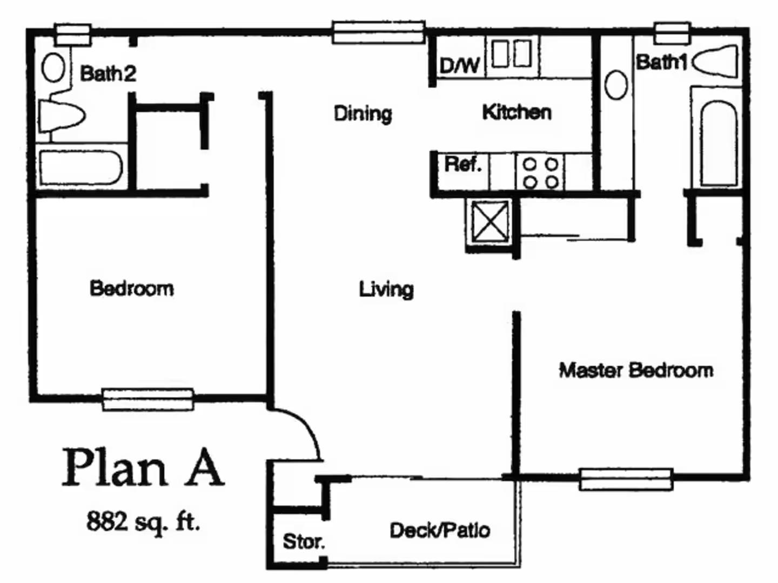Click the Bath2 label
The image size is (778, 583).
[x=108, y=73]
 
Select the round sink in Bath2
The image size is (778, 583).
[x=53, y=68]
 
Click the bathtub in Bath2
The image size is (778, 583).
[x=81, y=167]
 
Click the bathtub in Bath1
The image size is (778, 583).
[x=718, y=143]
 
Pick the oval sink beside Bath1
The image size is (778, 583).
[x=615, y=85]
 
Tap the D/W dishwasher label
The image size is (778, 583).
[x=459, y=66]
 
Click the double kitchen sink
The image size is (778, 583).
[x=511, y=54]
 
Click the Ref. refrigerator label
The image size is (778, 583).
[x=462, y=164]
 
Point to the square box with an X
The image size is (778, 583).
[x=490, y=222]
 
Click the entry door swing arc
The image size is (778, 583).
[x=303, y=426]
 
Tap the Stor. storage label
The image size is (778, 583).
[x=304, y=541]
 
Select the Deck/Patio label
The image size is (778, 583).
[x=440, y=531]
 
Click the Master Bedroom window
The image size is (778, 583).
[x=626, y=479]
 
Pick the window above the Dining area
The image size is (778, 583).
[x=378, y=32]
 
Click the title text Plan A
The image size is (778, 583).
[x=143, y=467]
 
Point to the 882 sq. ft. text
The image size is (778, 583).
[x=143, y=522]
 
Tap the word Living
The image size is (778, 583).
[x=386, y=289]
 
